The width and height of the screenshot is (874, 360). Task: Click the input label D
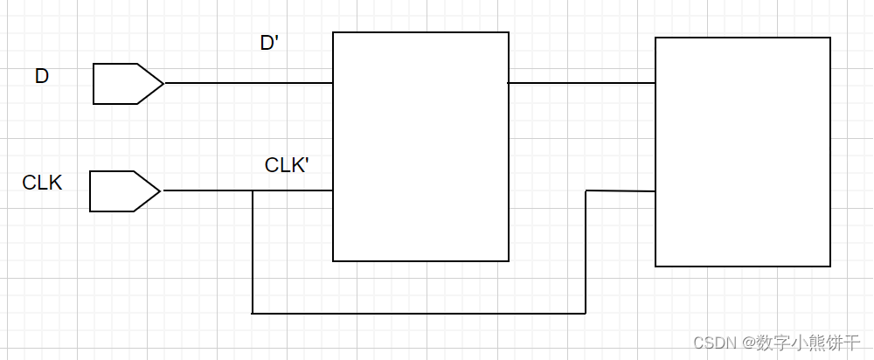pos(42,77)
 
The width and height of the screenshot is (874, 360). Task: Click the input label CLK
pos(42,183)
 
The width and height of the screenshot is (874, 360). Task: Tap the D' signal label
pos(269,43)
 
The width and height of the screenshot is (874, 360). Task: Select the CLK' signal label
pos(287,164)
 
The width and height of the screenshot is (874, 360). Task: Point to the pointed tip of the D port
pos(163,84)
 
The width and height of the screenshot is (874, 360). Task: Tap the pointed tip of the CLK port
pos(160,190)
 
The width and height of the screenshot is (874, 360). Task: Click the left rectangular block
pos(420,147)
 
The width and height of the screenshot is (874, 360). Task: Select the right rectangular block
pos(743,152)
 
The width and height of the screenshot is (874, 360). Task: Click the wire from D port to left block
pos(248,84)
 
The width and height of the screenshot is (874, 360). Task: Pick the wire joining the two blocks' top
pos(582,84)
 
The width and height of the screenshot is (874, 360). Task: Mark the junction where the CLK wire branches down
pos(253,190)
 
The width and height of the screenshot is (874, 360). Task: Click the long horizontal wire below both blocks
pos(420,312)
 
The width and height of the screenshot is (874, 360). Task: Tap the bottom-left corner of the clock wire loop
pos(253,312)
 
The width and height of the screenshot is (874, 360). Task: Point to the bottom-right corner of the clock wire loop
pos(586,312)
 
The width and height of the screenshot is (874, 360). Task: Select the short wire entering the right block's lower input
pos(621,190)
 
